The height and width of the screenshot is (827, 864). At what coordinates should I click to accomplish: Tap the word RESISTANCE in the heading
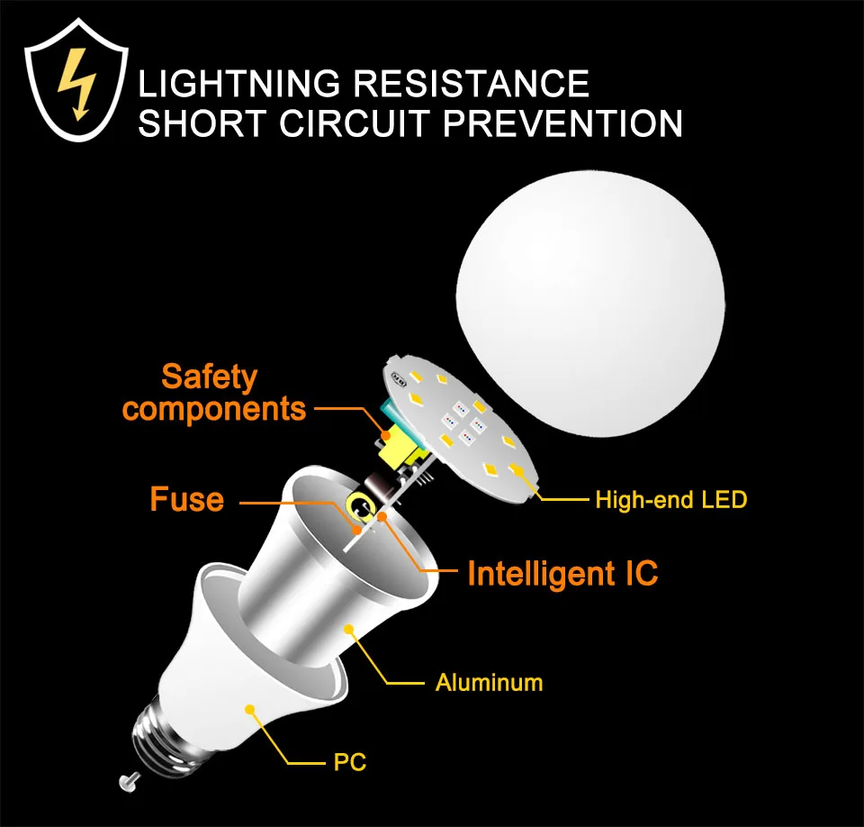(x=471, y=84)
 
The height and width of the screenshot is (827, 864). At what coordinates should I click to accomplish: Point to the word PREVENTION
(x=563, y=123)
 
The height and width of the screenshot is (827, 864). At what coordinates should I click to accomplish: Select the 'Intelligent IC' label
(x=562, y=573)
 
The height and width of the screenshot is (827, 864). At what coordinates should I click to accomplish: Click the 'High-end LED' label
(x=670, y=499)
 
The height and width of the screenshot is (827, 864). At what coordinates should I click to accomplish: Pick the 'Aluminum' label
(x=489, y=682)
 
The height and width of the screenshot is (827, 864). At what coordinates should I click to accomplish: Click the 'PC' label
(x=349, y=763)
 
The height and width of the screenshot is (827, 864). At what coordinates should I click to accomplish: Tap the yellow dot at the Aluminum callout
(x=349, y=628)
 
